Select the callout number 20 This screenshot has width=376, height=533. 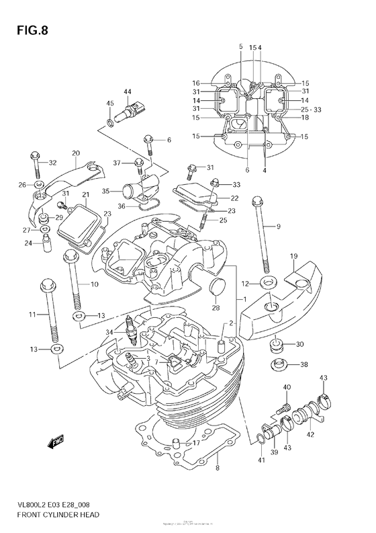click(76, 153)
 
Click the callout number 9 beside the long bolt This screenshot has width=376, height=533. click(277, 227)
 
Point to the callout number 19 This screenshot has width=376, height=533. click(293, 257)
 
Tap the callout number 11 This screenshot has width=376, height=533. click(32, 315)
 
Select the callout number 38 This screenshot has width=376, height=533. click(303, 365)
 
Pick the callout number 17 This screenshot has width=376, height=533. click(196, 444)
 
